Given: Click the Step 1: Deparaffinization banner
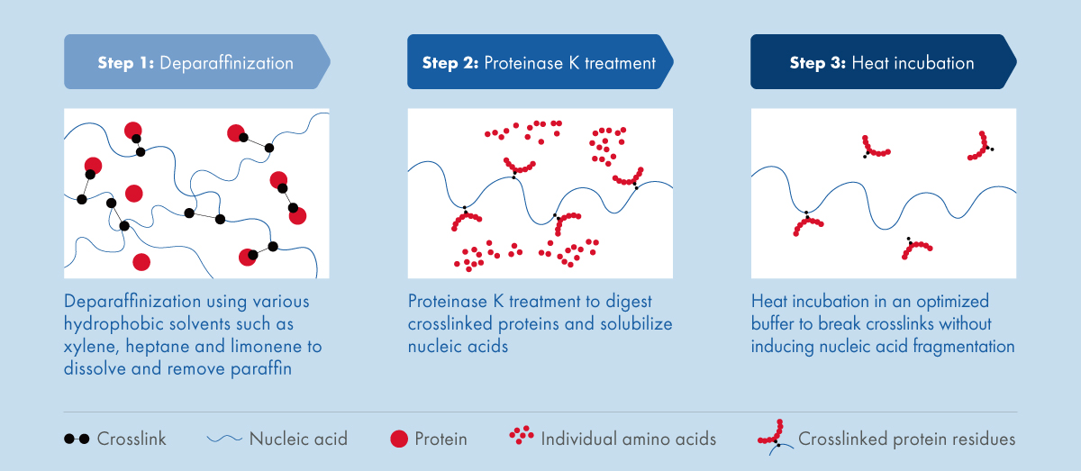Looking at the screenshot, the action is pyautogui.click(x=197, y=62).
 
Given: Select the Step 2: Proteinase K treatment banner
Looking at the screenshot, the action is pyautogui.click(x=540, y=62).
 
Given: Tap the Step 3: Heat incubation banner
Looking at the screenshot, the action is pyautogui.click(x=883, y=62).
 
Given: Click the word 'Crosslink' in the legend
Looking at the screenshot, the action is pyautogui.click(x=132, y=439).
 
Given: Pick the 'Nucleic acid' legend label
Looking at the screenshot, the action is pyautogui.click(x=298, y=439).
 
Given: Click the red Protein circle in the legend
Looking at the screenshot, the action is pyautogui.click(x=399, y=439).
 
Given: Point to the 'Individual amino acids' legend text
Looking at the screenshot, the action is pyautogui.click(x=629, y=439).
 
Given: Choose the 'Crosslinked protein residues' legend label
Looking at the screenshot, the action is pyautogui.click(x=907, y=439).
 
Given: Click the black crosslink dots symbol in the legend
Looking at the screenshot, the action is pyautogui.click(x=77, y=439).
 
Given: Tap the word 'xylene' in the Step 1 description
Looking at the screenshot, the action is pyautogui.click(x=91, y=347).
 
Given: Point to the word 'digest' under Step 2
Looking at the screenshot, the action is pyautogui.click(x=629, y=302).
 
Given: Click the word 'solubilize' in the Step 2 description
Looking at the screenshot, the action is pyautogui.click(x=636, y=324).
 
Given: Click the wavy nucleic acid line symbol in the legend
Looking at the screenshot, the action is pyautogui.click(x=224, y=439).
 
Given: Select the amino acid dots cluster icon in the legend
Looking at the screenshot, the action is pyautogui.click(x=522, y=435).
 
